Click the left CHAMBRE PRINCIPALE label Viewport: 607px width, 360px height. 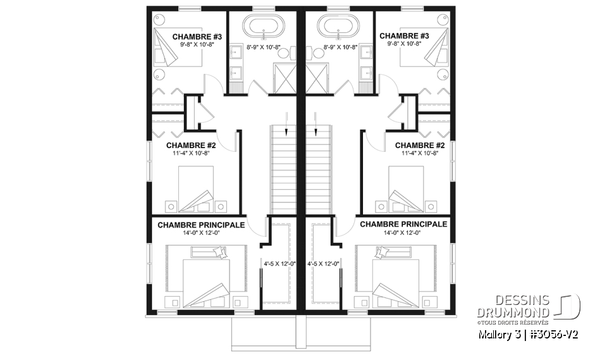tap(201, 225)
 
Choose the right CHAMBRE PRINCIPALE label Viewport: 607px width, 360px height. tap(403, 225)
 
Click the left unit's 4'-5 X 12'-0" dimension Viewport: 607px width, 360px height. tap(276, 263)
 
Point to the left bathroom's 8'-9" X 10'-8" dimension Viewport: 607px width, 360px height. tap(262, 47)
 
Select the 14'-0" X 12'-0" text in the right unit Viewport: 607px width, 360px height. tap(403, 233)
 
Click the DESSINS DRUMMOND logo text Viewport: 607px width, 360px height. tap(526, 306)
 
